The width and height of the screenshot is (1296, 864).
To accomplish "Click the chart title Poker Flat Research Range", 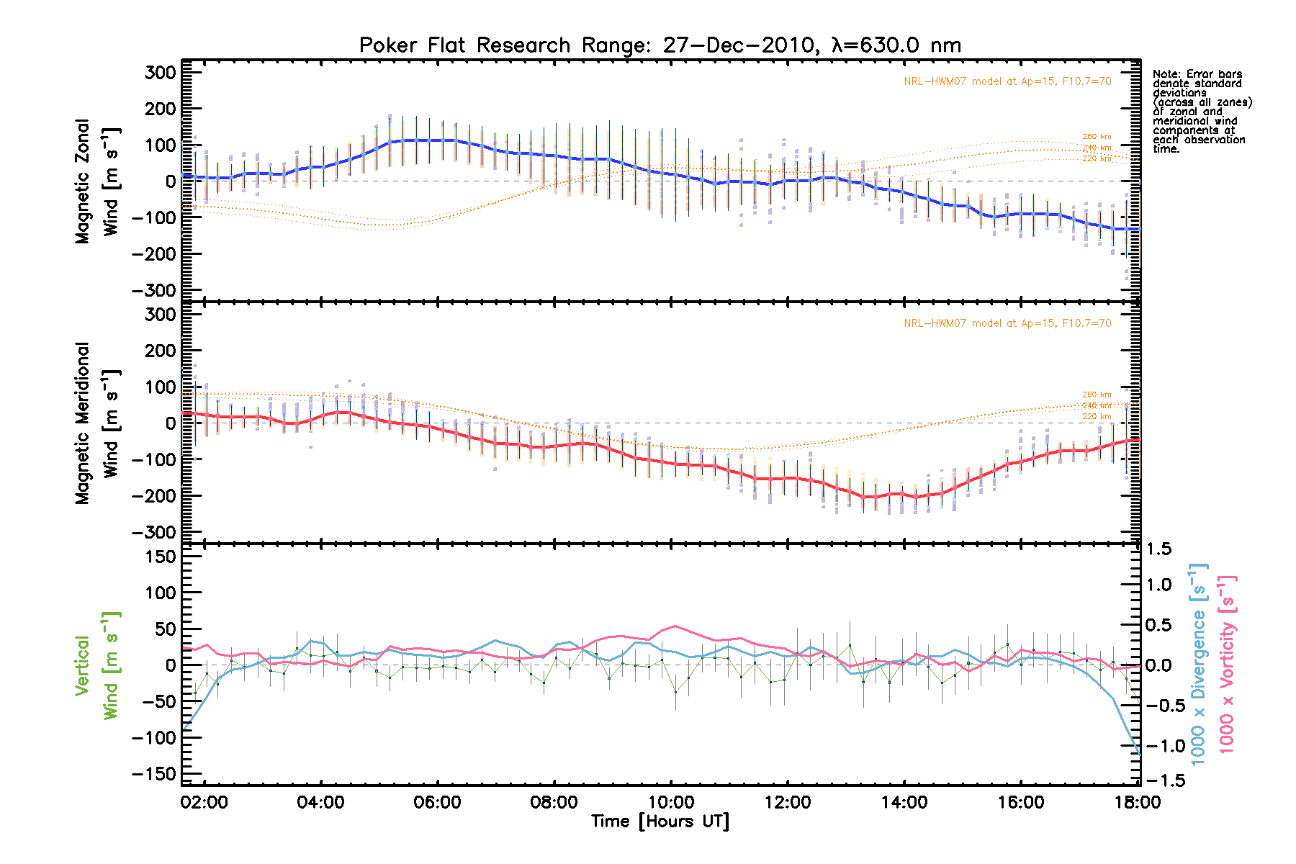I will pos(660,45).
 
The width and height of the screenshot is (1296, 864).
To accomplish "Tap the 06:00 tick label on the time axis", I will pos(437,802).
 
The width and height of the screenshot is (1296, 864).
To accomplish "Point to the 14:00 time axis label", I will pos(904,802).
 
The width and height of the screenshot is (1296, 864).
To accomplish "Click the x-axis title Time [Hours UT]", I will pos(660,822).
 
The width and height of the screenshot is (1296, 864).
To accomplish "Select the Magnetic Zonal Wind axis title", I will pos(96,181).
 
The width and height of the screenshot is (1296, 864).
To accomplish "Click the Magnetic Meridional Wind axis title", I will pos(96,423).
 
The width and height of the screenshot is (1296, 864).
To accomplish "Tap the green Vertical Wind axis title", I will pos(96,666).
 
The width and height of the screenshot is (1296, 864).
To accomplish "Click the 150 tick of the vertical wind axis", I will pos(160,557).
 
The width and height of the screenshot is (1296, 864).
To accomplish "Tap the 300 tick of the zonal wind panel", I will pos(160,72).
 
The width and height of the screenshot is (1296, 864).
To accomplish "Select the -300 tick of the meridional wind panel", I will pos(154,532).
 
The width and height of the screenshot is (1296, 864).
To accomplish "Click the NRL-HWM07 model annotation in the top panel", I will pos(1007,81).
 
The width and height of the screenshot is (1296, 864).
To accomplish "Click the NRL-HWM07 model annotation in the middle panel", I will pos(1007,323).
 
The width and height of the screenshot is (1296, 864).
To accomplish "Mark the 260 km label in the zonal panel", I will pos(1097,137).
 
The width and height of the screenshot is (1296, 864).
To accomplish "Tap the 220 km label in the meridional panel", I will pos(1097,416).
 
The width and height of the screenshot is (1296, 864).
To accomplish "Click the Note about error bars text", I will pos(1201,112).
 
